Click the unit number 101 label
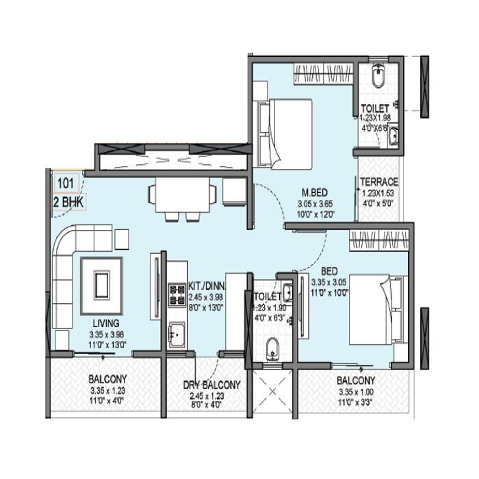pyautogui.click(x=66, y=183)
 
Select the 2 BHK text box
pyautogui.click(x=66, y=203)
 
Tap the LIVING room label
pyautogui.click(x=107, y=323)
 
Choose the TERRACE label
pyautogui.click(x=380, y=182)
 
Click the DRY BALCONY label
pyautogui.click(x=211, y=385)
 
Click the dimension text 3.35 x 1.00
pyautogui.click(x=355, y=393)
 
